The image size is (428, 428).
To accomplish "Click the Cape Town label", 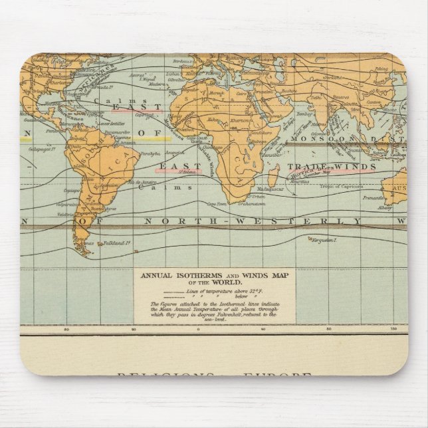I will [219, 204].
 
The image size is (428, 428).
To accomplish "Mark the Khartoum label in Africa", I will [241, 121].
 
